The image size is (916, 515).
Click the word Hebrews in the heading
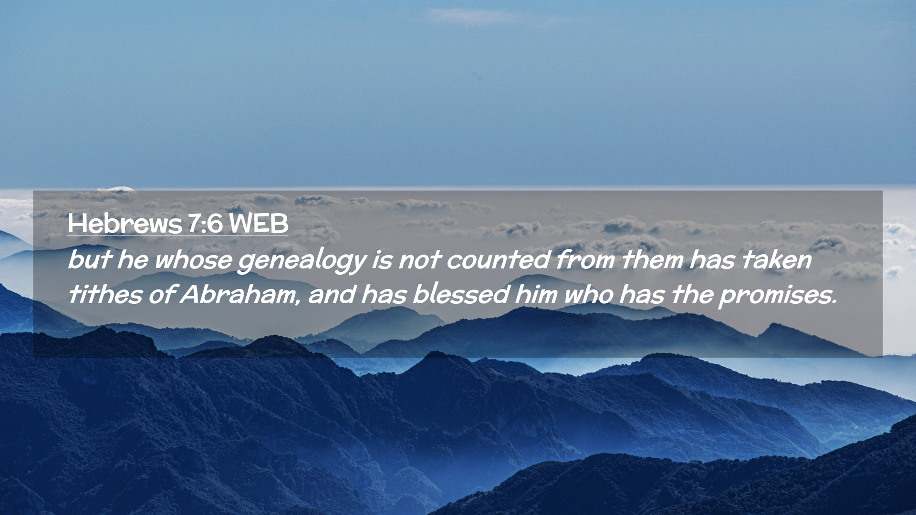click(x=125, y=223)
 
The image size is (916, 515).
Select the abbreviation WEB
click(x=258, y=223)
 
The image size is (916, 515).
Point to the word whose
click(x=193, y=260)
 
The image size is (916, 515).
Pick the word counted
click(x=498, y=260)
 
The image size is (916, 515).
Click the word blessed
click(x=461, y=294)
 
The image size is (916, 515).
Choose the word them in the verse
click(x=652, y=260)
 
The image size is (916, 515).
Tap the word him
click(x=536, y=294)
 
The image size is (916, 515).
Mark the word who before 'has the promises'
click(x=588, y=294)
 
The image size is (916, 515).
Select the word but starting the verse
click(x=89, y=260)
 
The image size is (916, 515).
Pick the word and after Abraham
click(x=332, y=294)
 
